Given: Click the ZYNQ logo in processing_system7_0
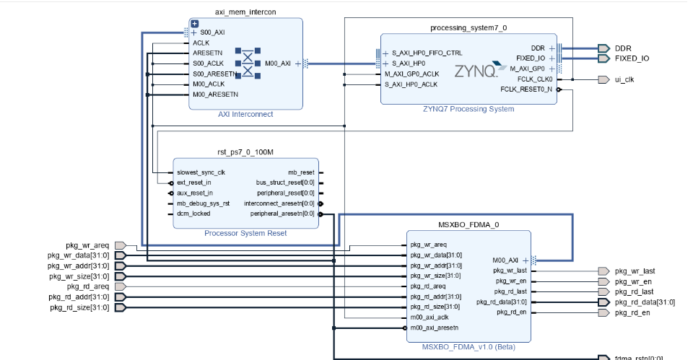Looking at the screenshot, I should pos(476,71).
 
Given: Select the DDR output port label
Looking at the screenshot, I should pos(623,48).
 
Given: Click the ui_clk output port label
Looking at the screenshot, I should pos(624,79).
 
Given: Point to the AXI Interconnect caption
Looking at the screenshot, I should pos(245,114).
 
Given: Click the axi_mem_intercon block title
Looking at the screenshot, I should pos(245,12).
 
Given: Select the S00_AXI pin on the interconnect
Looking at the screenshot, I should pos(212,32).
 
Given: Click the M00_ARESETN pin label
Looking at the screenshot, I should pos(215,95).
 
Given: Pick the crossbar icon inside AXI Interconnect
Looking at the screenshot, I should pos(248,63).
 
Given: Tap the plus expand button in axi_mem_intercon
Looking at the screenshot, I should pos(194,24).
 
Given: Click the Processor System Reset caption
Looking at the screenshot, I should pos(245,233).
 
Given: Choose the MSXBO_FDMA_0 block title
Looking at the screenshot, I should pos(468,224).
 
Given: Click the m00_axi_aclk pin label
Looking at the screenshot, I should pos(430,317).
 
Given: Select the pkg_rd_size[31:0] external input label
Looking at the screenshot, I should pos(79,307).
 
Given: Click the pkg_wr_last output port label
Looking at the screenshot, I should pos(635,271).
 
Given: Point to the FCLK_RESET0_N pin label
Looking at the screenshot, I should pos(526,89).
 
